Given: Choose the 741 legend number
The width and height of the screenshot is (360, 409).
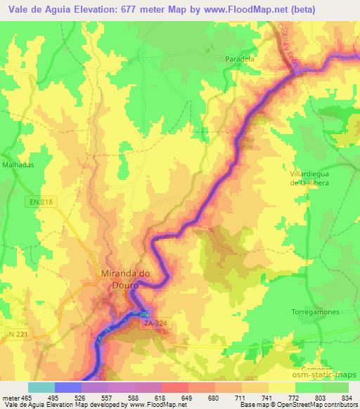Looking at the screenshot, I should point(266,397).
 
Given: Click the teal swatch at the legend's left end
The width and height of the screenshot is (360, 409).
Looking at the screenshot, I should point(41,387).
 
